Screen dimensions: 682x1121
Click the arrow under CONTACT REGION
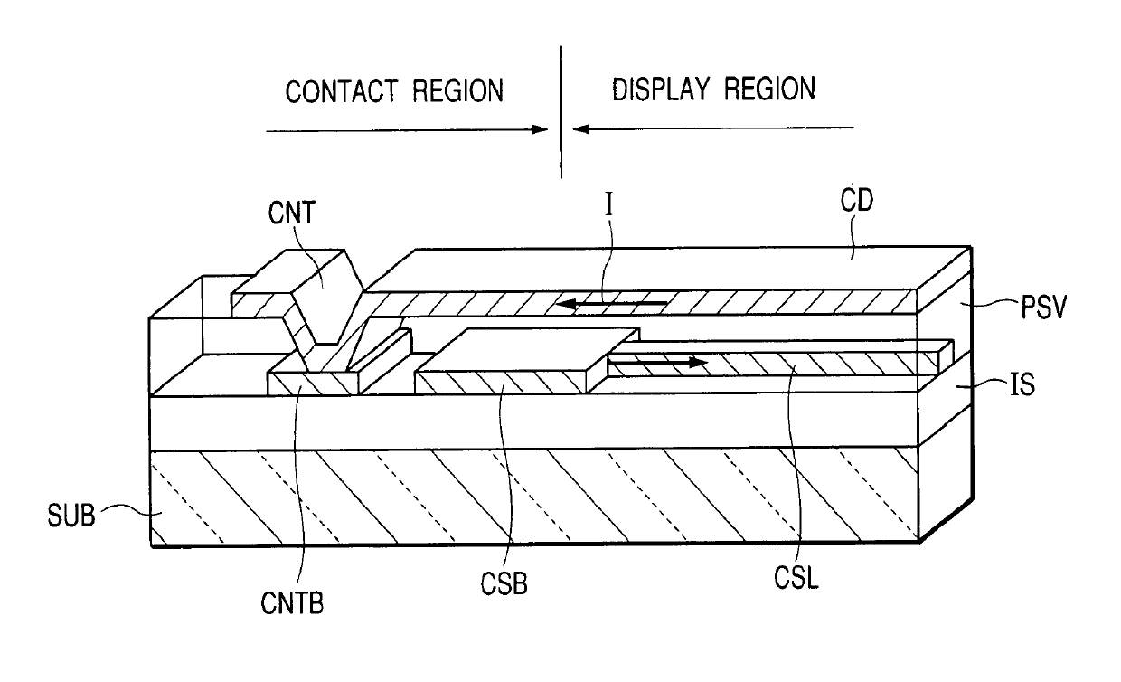point(407,130)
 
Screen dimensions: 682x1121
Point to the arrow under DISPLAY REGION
point(714,129)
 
